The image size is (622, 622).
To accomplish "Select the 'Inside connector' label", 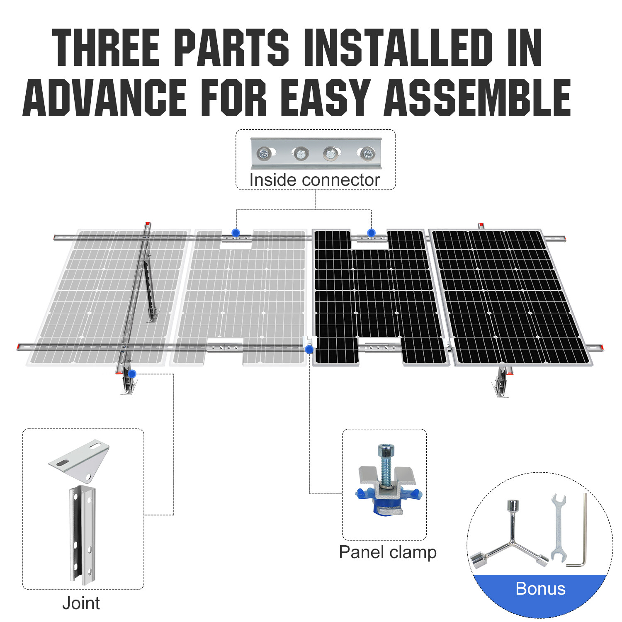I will [314, 180].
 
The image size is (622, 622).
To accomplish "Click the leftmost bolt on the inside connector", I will [264, 154].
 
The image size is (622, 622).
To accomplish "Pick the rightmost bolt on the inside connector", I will [367, 153].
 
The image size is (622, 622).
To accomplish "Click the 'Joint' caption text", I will [81, 603].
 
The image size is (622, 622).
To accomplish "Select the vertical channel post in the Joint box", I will [82, 535].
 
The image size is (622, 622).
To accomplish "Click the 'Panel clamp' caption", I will [387, 552].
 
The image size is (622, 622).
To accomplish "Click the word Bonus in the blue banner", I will [540, 588].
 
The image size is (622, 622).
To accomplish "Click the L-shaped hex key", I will [581, 539].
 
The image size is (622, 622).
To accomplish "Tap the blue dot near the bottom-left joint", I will [132, 374].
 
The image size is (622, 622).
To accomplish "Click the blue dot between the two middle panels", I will [309, 350].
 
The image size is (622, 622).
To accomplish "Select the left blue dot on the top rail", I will [236, 233].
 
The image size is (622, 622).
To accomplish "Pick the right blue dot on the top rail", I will [371, 233].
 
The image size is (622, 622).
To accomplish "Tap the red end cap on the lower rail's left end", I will [19, 347].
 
